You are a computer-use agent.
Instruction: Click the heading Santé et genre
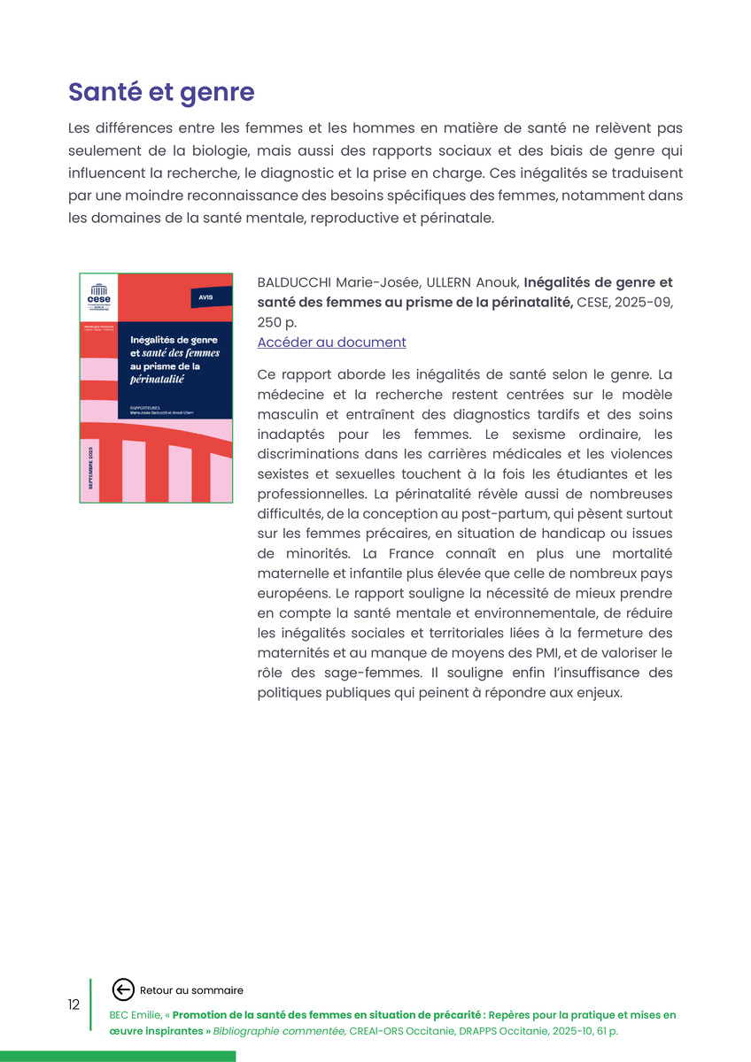[161, 92]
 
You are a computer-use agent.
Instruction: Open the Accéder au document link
[331, 342]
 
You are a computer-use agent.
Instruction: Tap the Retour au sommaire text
[191, 990]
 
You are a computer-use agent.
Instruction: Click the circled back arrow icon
[124, 990]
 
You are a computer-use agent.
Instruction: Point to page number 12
[74, 1004]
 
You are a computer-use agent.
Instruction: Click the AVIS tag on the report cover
[205, 298]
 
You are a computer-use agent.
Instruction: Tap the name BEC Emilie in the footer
[135, 1015]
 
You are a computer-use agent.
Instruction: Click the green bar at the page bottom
[118, 1056]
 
